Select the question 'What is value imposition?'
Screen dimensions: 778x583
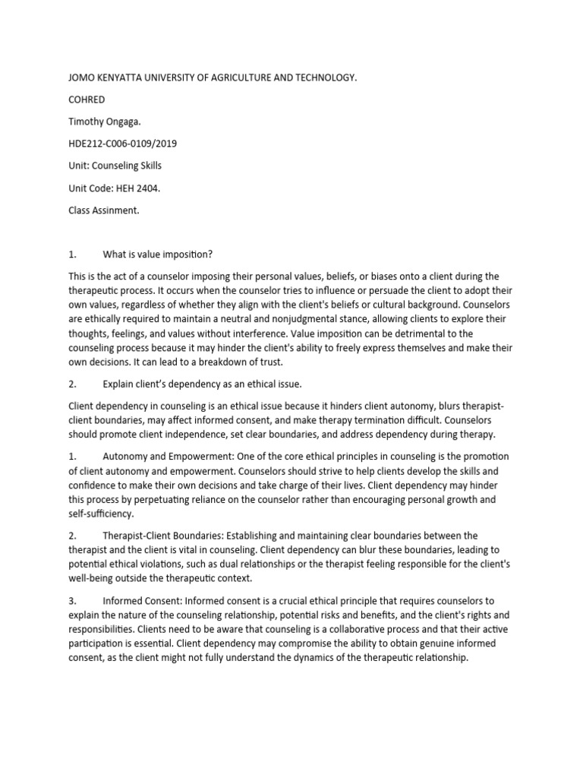pos(162,254)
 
